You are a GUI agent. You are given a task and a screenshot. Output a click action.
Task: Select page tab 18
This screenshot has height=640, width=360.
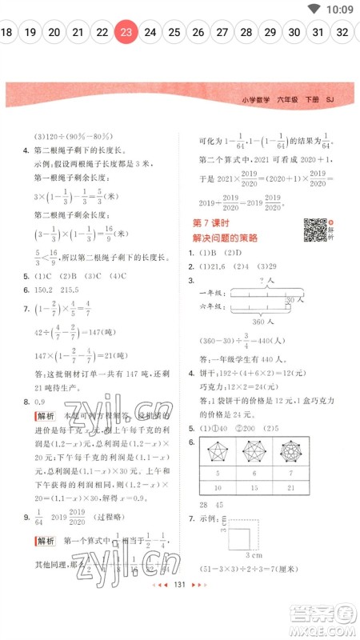pos(6,33)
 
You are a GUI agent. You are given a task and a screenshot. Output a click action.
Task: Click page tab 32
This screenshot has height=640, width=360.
pos(342,33)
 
